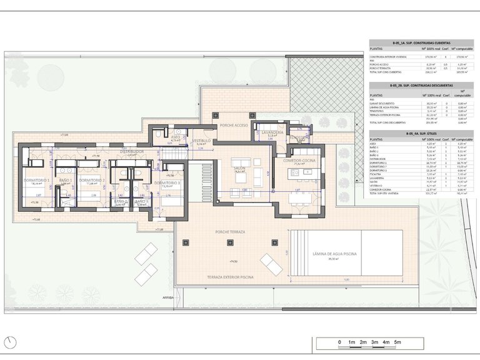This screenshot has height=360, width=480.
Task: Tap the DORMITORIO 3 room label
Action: coord(167,182)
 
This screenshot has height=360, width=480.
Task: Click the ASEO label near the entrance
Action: coord(176,137)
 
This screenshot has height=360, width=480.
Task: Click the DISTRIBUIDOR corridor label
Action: coord(132,151)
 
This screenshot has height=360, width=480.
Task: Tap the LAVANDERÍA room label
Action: coord(272,133)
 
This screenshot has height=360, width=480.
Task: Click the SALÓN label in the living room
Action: coord(239,167)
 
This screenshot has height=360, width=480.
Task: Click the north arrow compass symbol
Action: coord(11,342)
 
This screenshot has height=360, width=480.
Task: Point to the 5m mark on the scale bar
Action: coord(397,342)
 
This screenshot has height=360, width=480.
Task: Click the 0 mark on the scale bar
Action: coord(339,342)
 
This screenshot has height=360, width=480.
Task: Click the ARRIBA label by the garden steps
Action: coord(167,298)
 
